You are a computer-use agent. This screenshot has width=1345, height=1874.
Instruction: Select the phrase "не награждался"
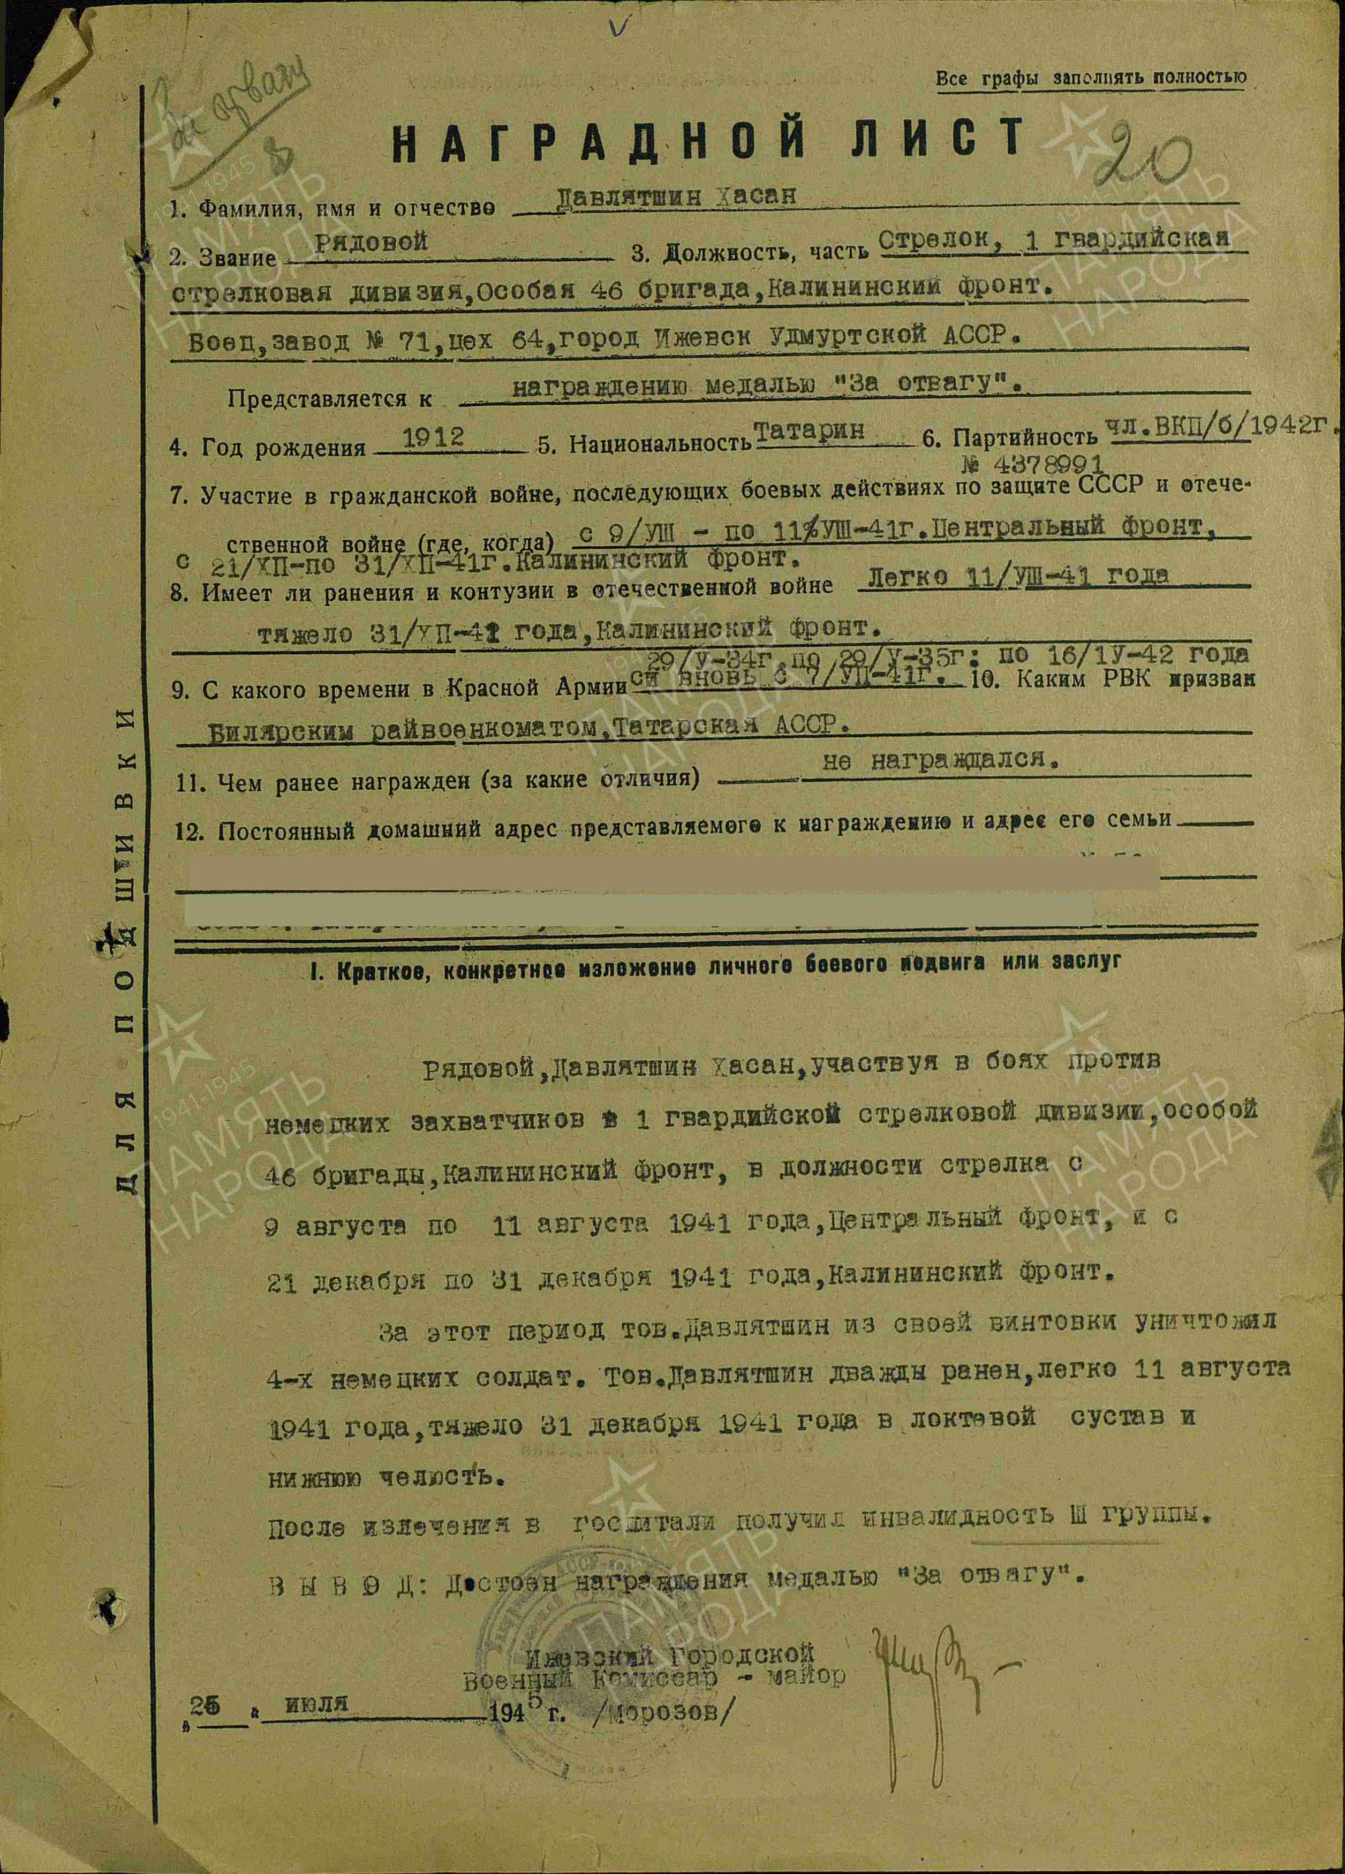(940, 761)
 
